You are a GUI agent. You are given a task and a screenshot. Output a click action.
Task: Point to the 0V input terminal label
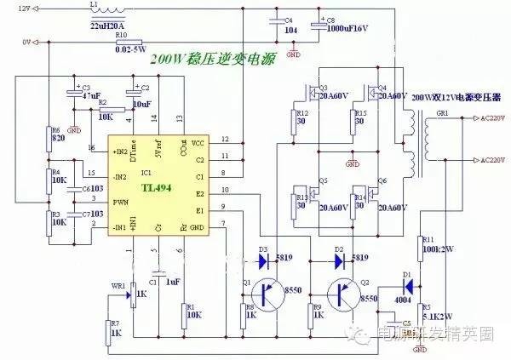(x=26, y=41)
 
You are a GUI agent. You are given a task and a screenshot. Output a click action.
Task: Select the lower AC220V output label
(x=484, y=160)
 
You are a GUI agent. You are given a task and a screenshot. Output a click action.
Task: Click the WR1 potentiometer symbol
(x=130, y=295)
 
